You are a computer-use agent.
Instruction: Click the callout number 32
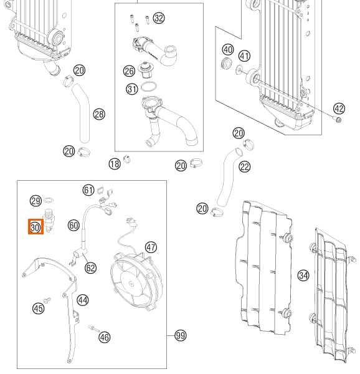pyautogui.click(x=159, y=18)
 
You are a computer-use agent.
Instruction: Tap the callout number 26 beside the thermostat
pyautogui.click(x=129, y=71)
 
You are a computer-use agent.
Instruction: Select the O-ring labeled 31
pyautogui.click(x=149, y=87)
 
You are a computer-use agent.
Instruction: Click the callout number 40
pyautogui.click(x=228, y=50)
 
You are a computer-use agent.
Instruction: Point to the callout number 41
pyautogui.click(x=244, y=56)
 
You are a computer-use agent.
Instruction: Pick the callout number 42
pyautogui.click(x=339, y=108)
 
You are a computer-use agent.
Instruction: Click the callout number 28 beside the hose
pyautogui.click(x=99, y=114)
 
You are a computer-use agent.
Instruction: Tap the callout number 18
pyautogui.click(x=115, y=164)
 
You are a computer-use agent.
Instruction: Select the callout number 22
pyautogui.click(x=245, y=166)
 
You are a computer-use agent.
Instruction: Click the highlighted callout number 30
pyautogui.click(x=36, y=227)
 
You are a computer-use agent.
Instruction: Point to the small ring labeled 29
pyautogui.click(x=49, y=200)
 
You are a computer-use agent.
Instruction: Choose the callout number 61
pyautogui.click(x=88, y=190)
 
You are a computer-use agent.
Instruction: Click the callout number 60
pyautogui.click(x=73, y=226)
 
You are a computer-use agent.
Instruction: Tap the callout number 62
pyautogui.click(x=90, y=268)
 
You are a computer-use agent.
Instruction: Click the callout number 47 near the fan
pyautogui.click(x=151, y=247)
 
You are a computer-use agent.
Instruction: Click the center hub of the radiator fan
pyautogui.click(x=131, y=284)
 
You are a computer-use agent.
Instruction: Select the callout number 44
pyautogui.click(x=83, y=300)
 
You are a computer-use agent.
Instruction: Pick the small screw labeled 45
pyautogui.click(x=47, y=300)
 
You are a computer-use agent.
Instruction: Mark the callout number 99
pyautogui.click(x=181, y=335)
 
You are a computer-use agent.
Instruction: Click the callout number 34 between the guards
pyautogui.click(x=303, y=276)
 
